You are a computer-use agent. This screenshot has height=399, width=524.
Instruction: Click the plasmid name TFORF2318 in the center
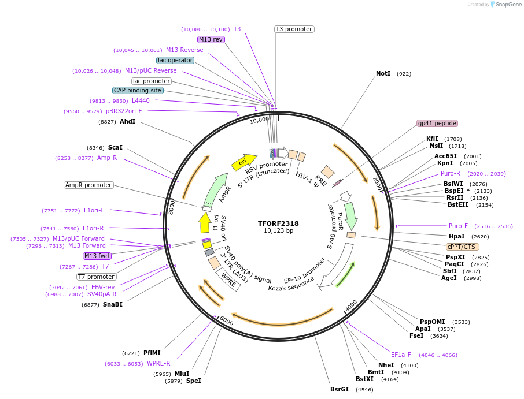click(x=278, y=223)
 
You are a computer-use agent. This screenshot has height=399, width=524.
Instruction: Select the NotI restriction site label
click(x=383, y=74)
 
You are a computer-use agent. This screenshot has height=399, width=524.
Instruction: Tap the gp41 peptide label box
click(x=437, y=123)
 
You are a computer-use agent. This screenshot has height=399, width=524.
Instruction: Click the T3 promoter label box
click(x=294, y=29)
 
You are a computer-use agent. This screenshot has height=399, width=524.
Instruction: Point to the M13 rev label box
click(x=211, y=39)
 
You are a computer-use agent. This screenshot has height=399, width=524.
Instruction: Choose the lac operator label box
click(x=175, y=60)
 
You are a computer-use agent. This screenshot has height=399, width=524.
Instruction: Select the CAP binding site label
click(x=138, y=90)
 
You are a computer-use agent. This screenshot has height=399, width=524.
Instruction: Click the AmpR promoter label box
click(x=88, y=185)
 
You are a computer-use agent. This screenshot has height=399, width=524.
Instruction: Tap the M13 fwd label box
click(x=97, y=256)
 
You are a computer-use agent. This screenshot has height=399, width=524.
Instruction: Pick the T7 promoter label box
click(x=97, y=277)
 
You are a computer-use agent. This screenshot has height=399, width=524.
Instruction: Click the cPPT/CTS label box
click(x=461, y=247)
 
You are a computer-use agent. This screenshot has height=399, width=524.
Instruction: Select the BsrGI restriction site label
click(x=340, y=389)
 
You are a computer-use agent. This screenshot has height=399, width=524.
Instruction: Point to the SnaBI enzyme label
click(x=113, y=304)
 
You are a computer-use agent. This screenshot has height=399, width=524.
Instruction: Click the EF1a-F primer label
click(x=401, y=355)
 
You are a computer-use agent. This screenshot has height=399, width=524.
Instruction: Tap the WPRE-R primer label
click(x=158, y=363)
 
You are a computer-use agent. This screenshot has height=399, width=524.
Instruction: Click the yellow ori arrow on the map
click(x=243, y=162)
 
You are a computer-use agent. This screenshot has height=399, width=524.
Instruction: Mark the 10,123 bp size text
click(x=278, y=231)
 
